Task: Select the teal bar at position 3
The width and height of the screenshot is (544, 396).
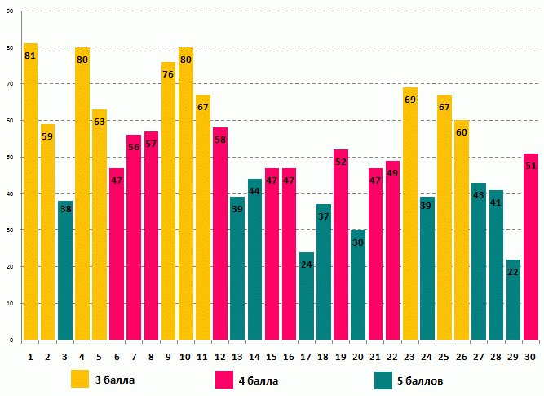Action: coord(65,270)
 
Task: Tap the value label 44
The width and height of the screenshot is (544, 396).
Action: coord(254,191)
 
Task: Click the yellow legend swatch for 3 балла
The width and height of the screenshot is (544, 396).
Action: coord(80,380)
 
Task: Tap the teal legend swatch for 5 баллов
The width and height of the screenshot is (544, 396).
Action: coord(383,380)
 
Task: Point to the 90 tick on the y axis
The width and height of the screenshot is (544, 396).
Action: coord(10,11)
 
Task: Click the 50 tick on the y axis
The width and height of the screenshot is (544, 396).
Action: coord(10,157)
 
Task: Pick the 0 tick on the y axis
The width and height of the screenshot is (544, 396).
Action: coord(11,340)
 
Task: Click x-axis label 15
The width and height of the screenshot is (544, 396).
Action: coord(272,357)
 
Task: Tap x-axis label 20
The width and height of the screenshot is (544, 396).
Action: coord(358,357)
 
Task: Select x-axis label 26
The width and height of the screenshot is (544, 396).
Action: coord(462,357)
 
